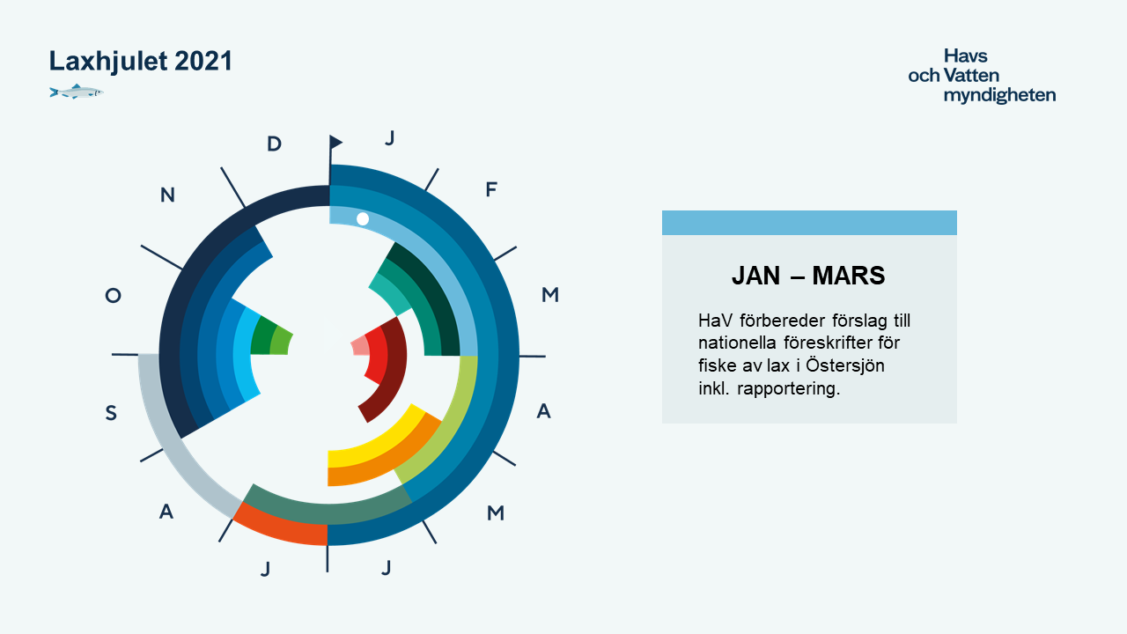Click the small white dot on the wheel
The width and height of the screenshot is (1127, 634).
point(362,219)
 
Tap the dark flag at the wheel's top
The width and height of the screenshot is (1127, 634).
point(335,142)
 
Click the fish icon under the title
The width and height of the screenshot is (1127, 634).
point(77,92)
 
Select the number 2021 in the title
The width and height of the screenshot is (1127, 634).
point(203,61)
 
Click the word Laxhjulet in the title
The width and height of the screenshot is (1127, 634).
point(108,62)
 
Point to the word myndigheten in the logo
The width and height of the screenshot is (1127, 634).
point(999,95)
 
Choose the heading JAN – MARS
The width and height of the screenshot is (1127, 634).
point(808,276)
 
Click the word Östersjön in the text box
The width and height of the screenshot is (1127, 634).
point(844,365)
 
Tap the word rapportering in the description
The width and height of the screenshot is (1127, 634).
point(788,389)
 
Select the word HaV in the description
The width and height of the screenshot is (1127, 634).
point(712,320)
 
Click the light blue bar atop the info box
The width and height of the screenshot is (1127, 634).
point(809,223)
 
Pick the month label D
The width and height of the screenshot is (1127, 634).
point(274,144)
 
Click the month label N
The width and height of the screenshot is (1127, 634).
point(167,195)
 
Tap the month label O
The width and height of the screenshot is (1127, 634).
point(114,295)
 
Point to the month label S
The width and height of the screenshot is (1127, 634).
point(111,413)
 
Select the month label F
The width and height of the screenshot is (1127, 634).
point(491,189)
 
